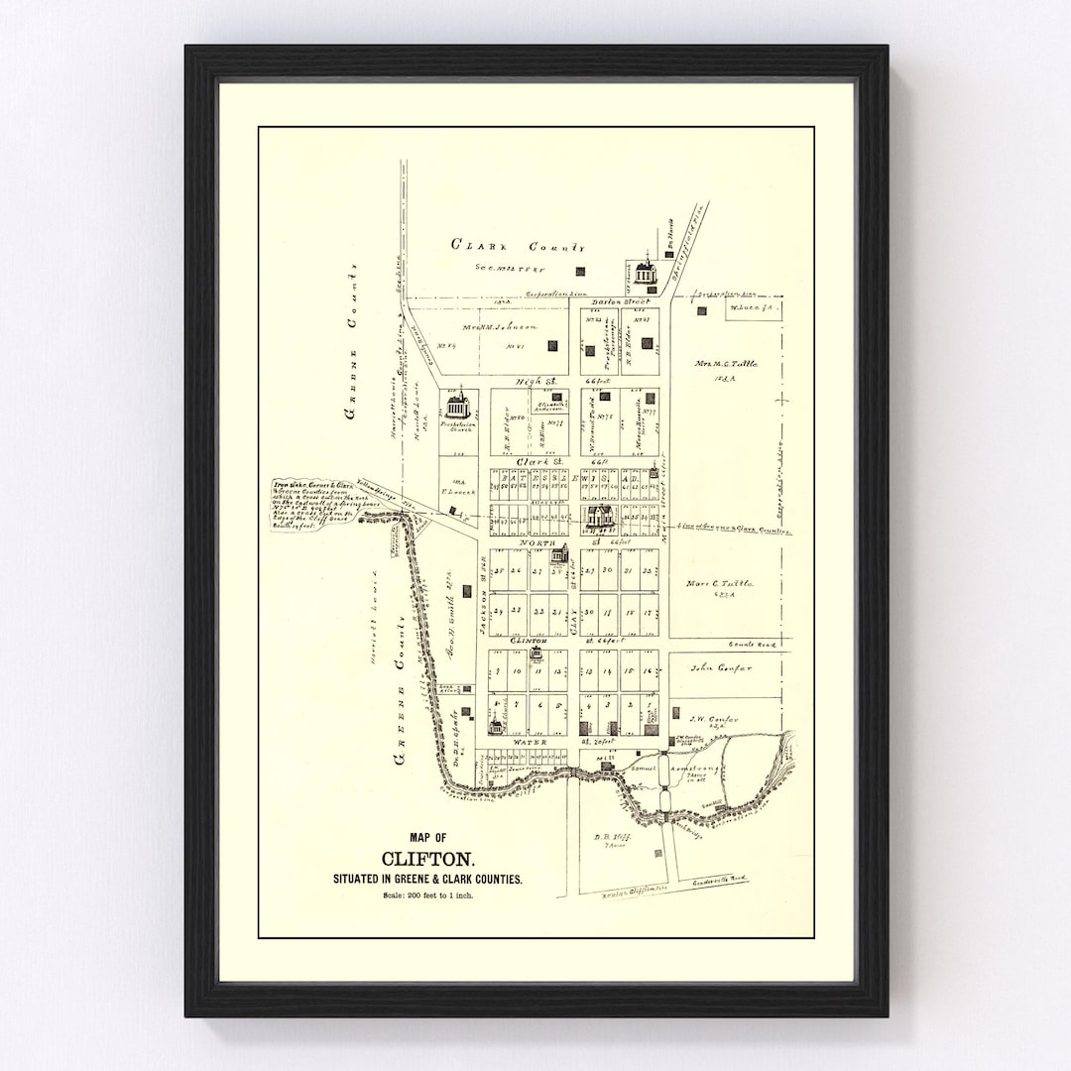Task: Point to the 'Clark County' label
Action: click(x=518, y=245)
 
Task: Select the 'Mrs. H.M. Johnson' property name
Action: click(x=499, y=326)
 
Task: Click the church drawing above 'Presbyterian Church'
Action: click(x=457, y=402)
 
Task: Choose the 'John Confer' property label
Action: click(x=721, y=668)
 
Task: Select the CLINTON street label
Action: click(x=528, y=642)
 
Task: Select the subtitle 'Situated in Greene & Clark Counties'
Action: click(x=428, y=880)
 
